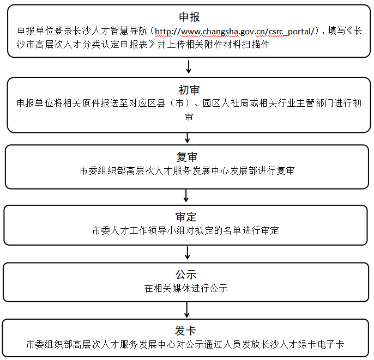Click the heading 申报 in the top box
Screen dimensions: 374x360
189,17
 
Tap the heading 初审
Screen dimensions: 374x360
189,90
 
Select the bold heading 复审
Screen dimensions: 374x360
187,157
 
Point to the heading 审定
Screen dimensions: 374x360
186,217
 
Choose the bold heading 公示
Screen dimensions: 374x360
186,274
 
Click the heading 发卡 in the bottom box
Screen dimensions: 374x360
185,331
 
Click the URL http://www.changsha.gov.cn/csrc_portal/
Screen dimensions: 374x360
234,32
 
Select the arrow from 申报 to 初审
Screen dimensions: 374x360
189,66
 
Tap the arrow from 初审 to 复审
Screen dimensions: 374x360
188,138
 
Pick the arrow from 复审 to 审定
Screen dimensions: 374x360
186,196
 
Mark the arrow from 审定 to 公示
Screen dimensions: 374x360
188,253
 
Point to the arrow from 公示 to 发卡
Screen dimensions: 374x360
187,310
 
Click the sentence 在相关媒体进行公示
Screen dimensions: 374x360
186,288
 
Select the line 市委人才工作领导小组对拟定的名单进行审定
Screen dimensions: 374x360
186,230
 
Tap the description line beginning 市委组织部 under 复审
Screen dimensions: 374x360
187,171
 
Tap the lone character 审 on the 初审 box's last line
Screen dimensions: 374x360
189,117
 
